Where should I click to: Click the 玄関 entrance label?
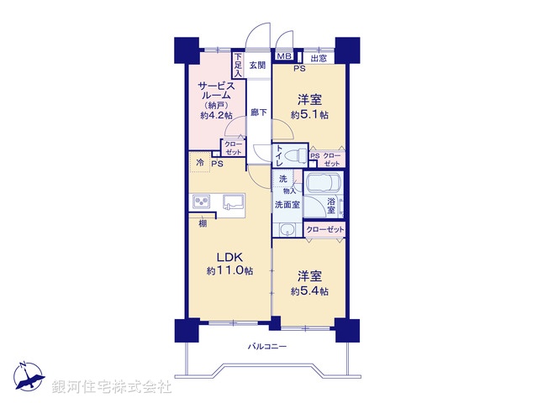pos(257,65)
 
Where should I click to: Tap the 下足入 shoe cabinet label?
pos(238,65)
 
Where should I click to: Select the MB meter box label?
pos(283,57)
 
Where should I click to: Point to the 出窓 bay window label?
pos(319,58)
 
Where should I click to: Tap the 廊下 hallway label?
pos(258,113)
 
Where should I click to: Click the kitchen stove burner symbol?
pos(202,201)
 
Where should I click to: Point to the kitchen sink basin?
pos(233,201)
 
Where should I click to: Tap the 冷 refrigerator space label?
pos(200,161)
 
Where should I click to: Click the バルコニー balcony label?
pos(267,347)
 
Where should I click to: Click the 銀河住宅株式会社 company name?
pos(112,387)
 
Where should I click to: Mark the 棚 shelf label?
pos(203,223)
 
